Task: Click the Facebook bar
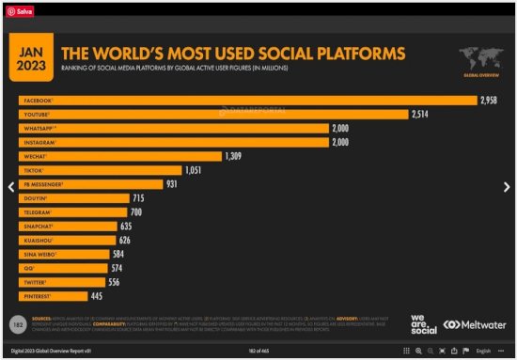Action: (244, 100)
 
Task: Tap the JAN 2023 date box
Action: (32, 58)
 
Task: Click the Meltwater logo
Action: (476, 324)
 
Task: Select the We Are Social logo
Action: (424, 324)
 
